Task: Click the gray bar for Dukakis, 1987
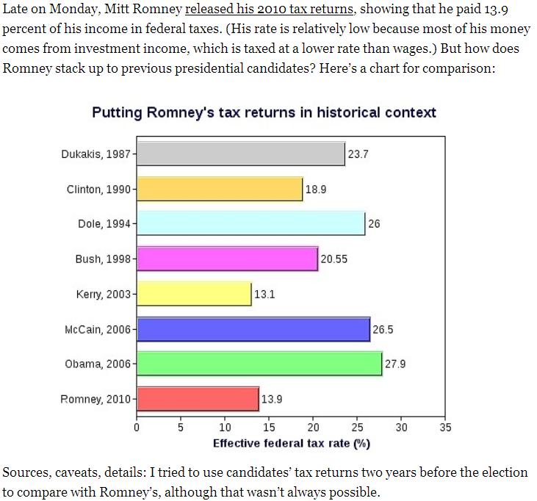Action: [241, 154]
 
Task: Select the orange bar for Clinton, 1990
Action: [220, 189]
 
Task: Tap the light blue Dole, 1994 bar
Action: [251, 223]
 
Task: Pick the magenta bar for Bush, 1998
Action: [227, 259]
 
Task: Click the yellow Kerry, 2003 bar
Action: [194, 294]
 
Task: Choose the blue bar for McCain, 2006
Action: [253, 329]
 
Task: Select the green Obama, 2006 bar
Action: [259, 364]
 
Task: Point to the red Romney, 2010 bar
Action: [198, 399]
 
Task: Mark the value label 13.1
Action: [264, 295]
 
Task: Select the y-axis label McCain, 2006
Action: [97, 329]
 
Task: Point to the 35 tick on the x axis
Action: [445, 428]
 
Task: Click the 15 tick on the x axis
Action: [269, 428]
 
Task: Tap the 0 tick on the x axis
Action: [137, 428]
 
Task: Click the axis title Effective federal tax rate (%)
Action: [291, 443]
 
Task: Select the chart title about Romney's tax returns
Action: [264, 112]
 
